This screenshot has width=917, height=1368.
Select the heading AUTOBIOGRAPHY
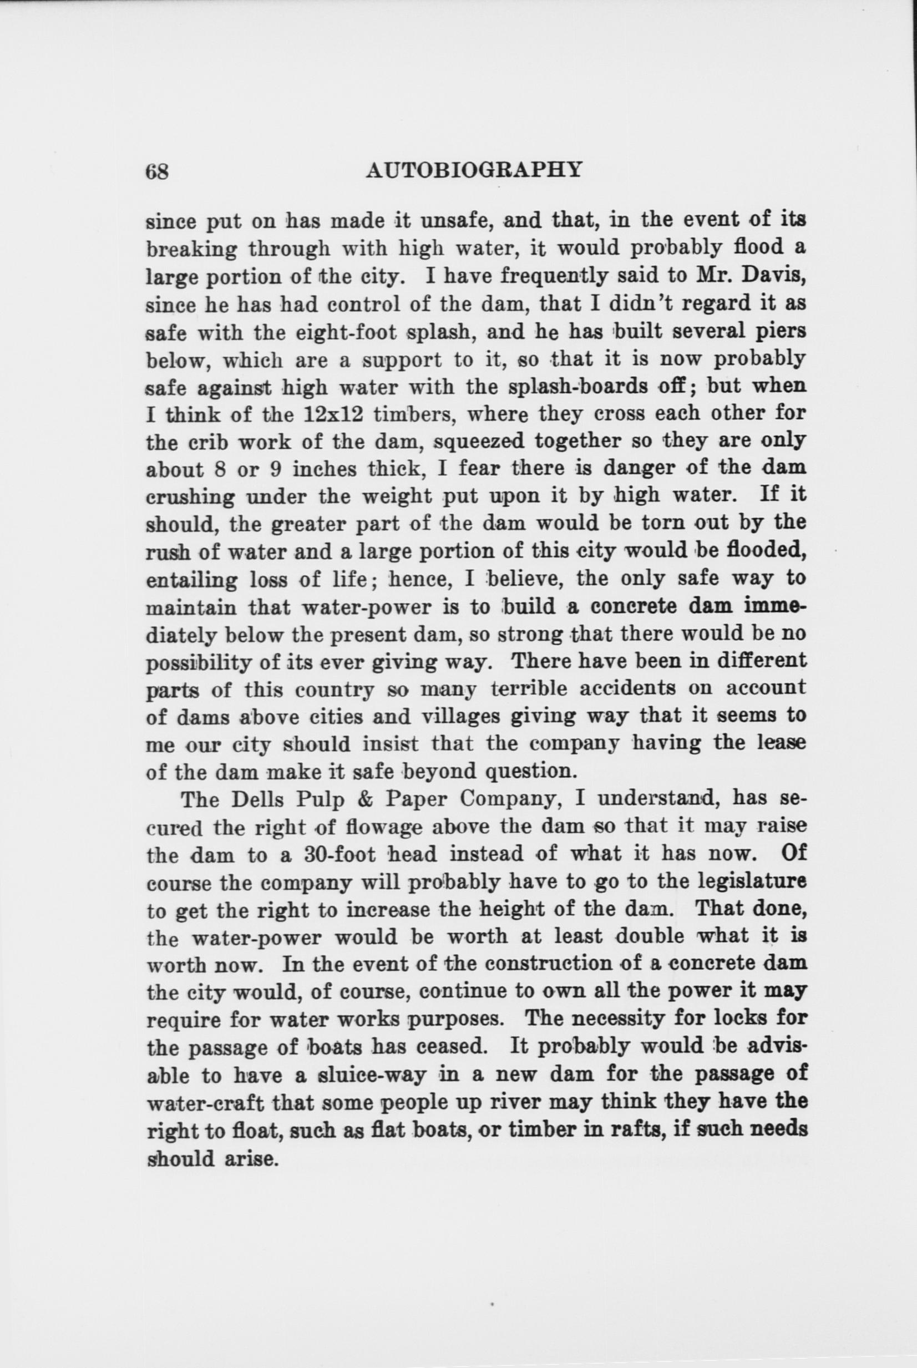coord(474,170)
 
